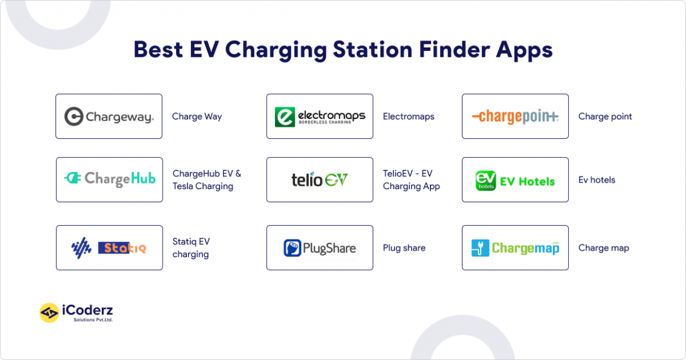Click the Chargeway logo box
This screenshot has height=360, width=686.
109,116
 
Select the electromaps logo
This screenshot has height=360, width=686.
320,116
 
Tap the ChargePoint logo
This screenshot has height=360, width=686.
515,116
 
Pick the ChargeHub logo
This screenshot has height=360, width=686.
109,180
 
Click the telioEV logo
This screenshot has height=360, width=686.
320,180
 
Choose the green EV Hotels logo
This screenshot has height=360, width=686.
515,180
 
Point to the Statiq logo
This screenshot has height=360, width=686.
109,248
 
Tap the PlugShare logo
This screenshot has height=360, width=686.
320,248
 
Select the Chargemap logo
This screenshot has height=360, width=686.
515,248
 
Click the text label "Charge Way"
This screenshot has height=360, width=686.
197,116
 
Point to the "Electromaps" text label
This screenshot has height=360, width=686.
409,116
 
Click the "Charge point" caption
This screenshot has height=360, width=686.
605,116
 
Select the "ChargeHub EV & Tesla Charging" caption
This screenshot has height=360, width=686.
206,180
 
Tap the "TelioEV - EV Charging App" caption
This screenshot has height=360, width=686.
411,180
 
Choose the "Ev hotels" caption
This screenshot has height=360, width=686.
597,180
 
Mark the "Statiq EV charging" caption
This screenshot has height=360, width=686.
191,248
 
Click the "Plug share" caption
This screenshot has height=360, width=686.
404,248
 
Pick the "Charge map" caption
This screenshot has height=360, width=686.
604,248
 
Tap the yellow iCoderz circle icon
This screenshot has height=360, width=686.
49,313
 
